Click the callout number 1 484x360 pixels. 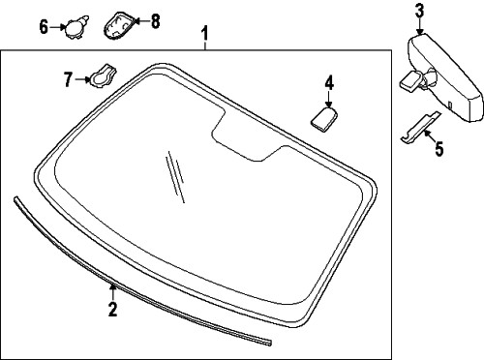(x=204, y=34)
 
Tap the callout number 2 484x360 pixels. (x=112, y=309)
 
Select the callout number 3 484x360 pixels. (x=419, y=11)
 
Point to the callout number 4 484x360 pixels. (x=329, y=82)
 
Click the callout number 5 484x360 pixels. (x=439, y=149)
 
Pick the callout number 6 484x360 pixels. (x=44, y=27)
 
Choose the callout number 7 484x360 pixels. (x=68, y=79)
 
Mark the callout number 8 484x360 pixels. (x=155, y=21)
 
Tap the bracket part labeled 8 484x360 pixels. (x=118, y=26)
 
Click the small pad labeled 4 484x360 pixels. (x=323, y=119)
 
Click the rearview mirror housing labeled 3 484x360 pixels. (x=446, y=78)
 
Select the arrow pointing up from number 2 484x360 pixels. (x=112, y=292)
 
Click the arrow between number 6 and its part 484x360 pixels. (x=57, y=27)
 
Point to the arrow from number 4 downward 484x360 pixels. (x=328, y=99)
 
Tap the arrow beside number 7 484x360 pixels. (x=82, y=79)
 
